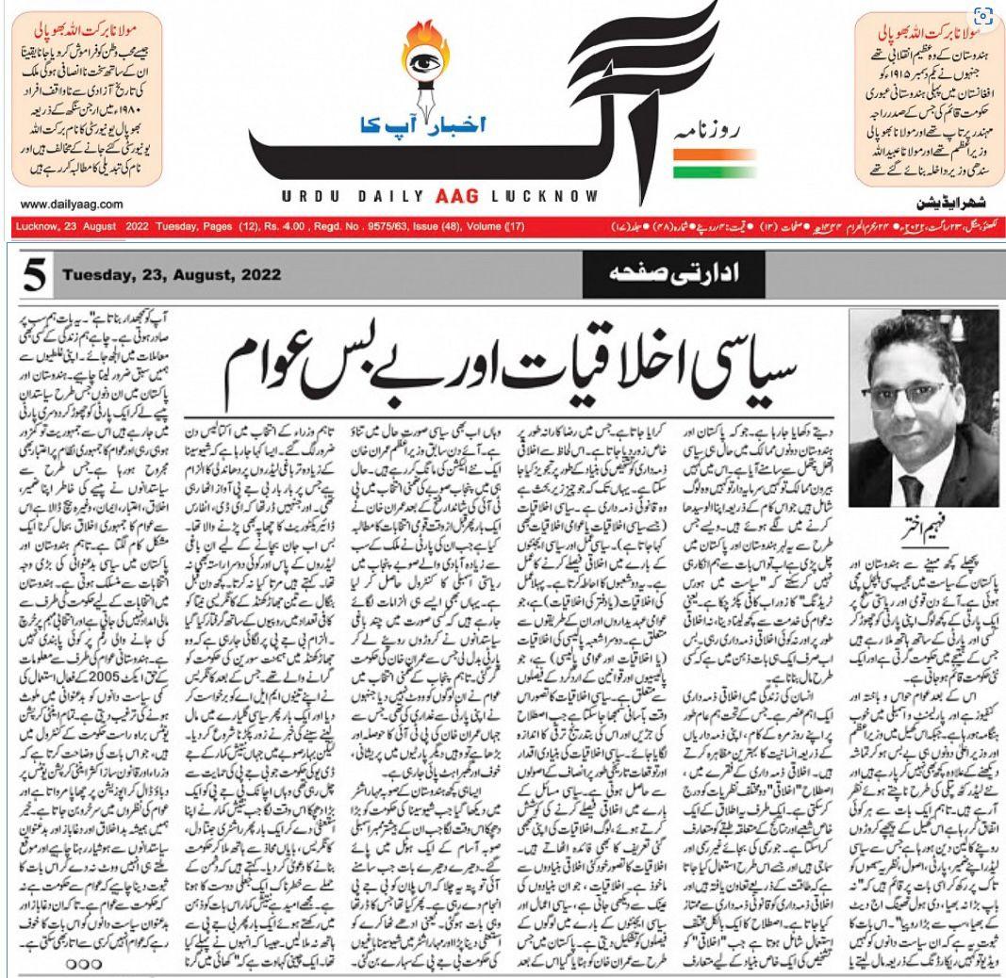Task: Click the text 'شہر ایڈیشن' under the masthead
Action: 953,203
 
